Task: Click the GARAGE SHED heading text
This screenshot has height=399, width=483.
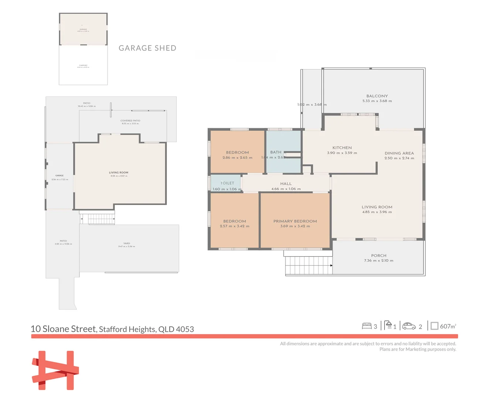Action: click(x=147, y=48)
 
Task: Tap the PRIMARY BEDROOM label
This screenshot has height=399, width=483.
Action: click(x=295, y=221)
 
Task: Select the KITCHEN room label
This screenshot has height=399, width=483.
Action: click(x=342, y=148)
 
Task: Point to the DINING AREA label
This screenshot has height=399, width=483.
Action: click(x=399, y=153)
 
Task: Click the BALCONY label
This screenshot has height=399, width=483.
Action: click(x=377, y=96)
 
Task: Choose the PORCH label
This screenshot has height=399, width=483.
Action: click(x=378, y=256)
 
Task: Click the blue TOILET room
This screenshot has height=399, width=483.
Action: click(x=225, y=183)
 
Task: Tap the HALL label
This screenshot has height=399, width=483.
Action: click(x=286, y=184)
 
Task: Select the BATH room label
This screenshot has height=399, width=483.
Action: click(x=275, y=152)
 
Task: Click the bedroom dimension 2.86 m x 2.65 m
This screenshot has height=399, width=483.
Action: click(x=237, y=158)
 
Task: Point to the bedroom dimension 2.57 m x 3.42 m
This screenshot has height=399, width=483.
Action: click(x=234, y=226)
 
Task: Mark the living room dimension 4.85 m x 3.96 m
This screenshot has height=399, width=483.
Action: click(x=377, y=212)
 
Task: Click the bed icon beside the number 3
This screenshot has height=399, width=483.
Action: click(x=367, y=326)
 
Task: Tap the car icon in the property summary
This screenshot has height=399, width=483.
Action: click(x=409, y=326)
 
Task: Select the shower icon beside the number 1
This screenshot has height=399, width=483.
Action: click(x=388, y=325)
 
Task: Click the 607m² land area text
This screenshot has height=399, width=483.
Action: click(x=448, y=326)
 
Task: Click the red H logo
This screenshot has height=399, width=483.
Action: click(x=55, y=370)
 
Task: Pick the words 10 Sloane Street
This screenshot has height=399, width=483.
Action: click(x=64, y=329)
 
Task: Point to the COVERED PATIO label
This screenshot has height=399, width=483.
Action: click(x=130, y=121)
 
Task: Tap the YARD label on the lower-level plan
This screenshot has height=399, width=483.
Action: click(x=127, y=243)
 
